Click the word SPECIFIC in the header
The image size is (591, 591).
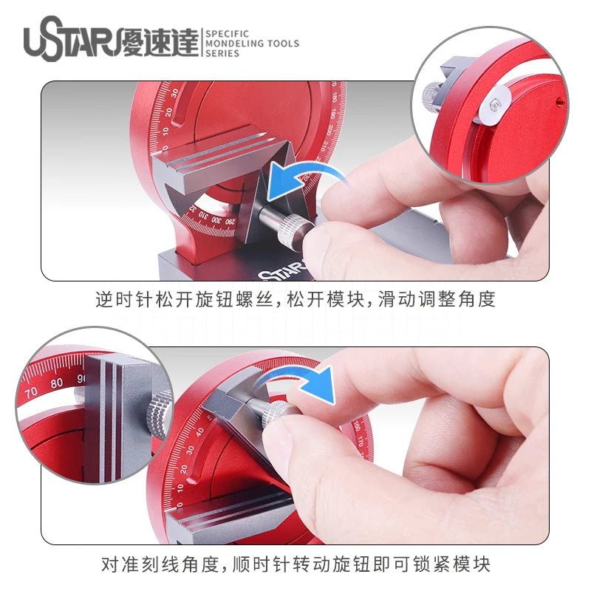click(227, 34)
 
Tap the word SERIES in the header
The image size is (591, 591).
click(222, 53)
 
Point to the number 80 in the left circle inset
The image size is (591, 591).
click(57, 383)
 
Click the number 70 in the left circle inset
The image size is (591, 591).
click(31, 393)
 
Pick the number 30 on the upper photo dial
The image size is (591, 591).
click(174, 93)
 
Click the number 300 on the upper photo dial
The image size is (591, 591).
click(216, 219)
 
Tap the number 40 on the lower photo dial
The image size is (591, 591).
click(199, 431)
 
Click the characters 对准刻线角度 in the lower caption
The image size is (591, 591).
click(160, 564)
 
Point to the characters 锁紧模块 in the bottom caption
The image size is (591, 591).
click(451, 564)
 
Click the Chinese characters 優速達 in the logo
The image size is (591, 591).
click(158, 42)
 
